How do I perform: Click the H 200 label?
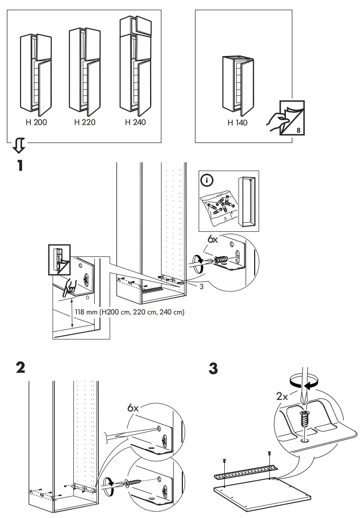click(x=36, y=123)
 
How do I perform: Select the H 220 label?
click(x=85, y=123)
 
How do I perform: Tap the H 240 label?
click(x=135, y=123)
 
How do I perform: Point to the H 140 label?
click(x=237, y=123)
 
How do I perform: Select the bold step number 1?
click(x=20, y=166)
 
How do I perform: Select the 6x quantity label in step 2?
click(x=134, y=407)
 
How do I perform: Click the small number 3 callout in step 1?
click(x=201, y=287)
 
